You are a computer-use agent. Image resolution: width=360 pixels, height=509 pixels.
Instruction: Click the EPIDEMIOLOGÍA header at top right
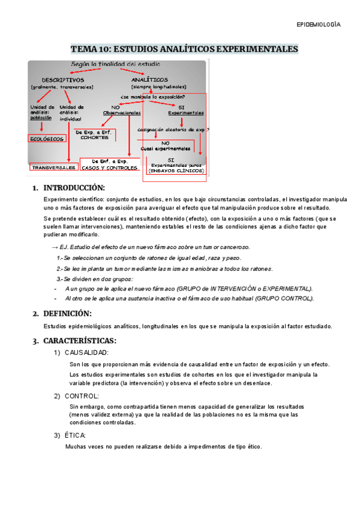pos(319,25)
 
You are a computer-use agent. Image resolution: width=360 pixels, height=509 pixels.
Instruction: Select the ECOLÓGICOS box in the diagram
pos(47,139)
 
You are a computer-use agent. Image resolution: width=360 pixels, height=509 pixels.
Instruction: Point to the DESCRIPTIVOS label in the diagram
pos(62,80)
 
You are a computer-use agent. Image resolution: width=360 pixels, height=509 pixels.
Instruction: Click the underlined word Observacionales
pos(122,112)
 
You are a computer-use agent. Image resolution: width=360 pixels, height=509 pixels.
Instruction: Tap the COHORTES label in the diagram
pos(94,137)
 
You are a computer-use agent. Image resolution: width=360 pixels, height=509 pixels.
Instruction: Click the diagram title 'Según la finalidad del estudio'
pos(116,64)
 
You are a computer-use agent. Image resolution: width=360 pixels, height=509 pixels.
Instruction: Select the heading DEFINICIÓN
pos(67,313)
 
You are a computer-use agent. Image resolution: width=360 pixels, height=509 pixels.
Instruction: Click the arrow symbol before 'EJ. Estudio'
pos(55,247)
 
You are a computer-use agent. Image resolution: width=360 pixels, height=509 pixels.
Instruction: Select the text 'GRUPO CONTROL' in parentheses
pos(284,298)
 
